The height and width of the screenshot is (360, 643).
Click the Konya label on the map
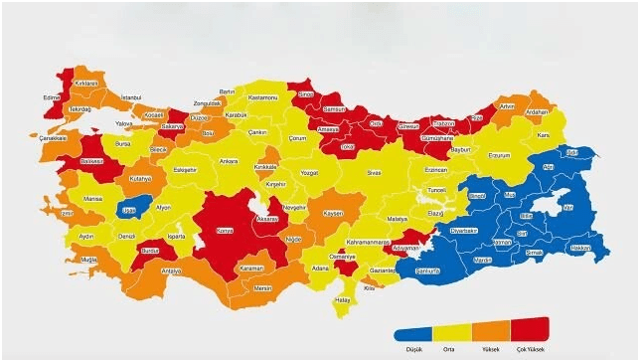tap(226, 230)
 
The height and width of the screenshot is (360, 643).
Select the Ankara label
tap(228, 160)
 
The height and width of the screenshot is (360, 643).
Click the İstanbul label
tap(132, 96)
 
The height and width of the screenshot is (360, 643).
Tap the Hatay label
tap(343, 299)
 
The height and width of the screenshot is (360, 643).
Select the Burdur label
tap(150, 253)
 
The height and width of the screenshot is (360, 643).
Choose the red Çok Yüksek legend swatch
tap(529, 332)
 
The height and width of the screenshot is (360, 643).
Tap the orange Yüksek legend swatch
tap(490, 332)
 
